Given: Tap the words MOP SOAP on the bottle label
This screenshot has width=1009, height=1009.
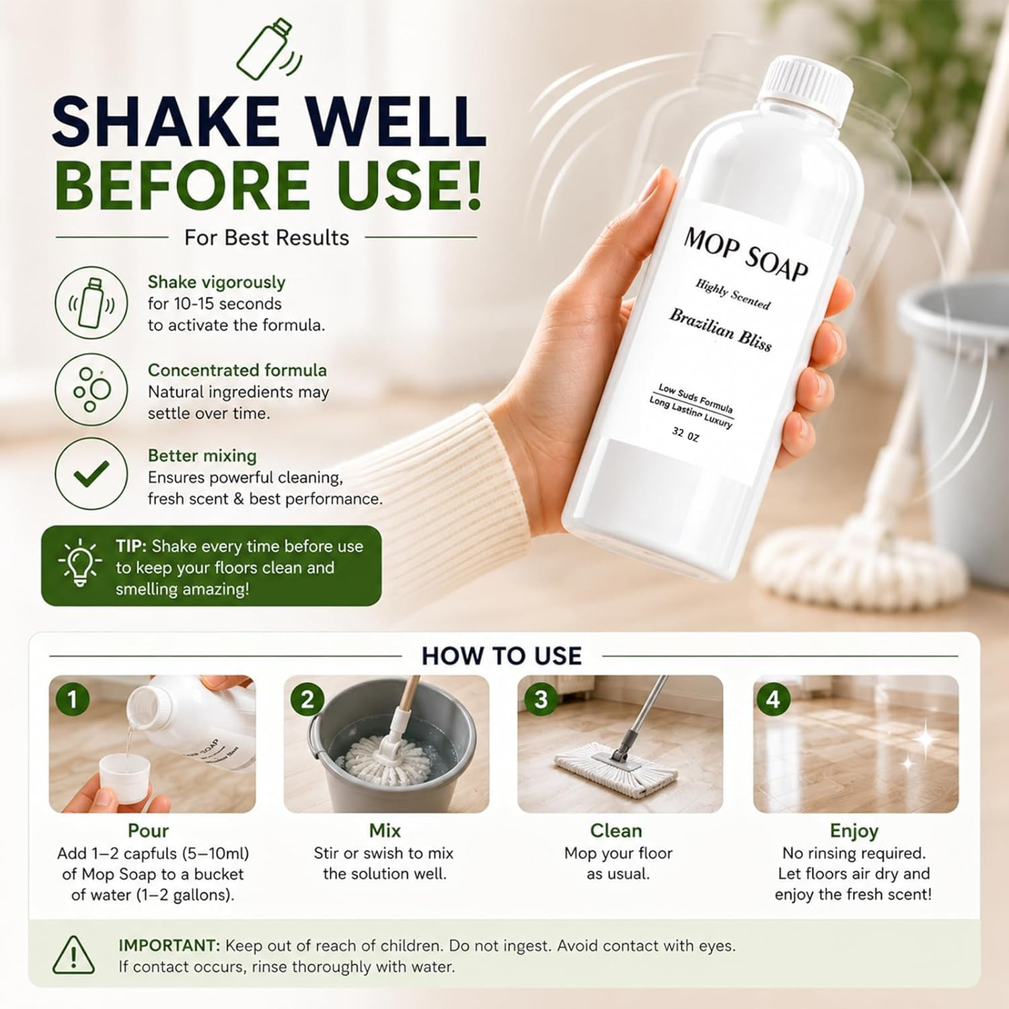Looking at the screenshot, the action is click(746, 254).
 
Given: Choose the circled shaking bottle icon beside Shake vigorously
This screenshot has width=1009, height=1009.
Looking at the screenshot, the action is click(91, 303).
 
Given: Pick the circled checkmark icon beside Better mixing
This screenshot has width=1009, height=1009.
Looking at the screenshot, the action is click(91, 474).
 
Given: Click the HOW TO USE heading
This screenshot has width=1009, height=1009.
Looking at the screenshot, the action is click(501, 656).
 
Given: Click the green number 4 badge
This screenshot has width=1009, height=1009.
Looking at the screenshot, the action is click(774, 700).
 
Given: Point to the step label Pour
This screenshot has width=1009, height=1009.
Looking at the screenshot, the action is click(148, 831).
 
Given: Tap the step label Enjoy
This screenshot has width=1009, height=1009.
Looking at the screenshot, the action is click(854, 831).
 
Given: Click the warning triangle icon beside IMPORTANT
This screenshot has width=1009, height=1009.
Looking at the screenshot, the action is click(73, 955).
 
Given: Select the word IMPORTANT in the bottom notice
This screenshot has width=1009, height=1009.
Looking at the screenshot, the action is click(169, 946).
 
